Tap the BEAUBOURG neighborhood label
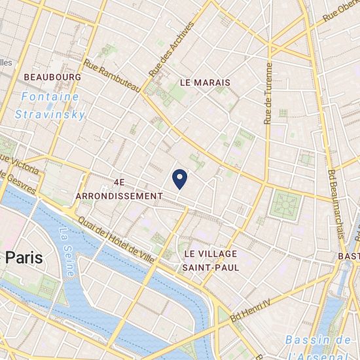(52, 77)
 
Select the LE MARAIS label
(204, 82)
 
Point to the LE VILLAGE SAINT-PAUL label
(211, 260)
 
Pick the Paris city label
(22, 257)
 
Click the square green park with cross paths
(286, 205)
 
